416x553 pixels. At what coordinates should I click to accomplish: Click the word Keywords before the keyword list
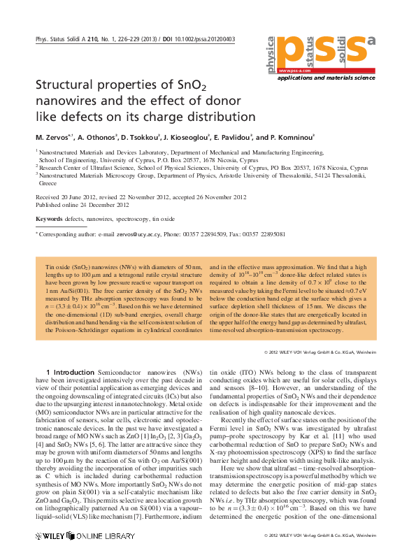[x=48, y=220]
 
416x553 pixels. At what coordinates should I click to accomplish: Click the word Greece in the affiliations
[x=48, y=183]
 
